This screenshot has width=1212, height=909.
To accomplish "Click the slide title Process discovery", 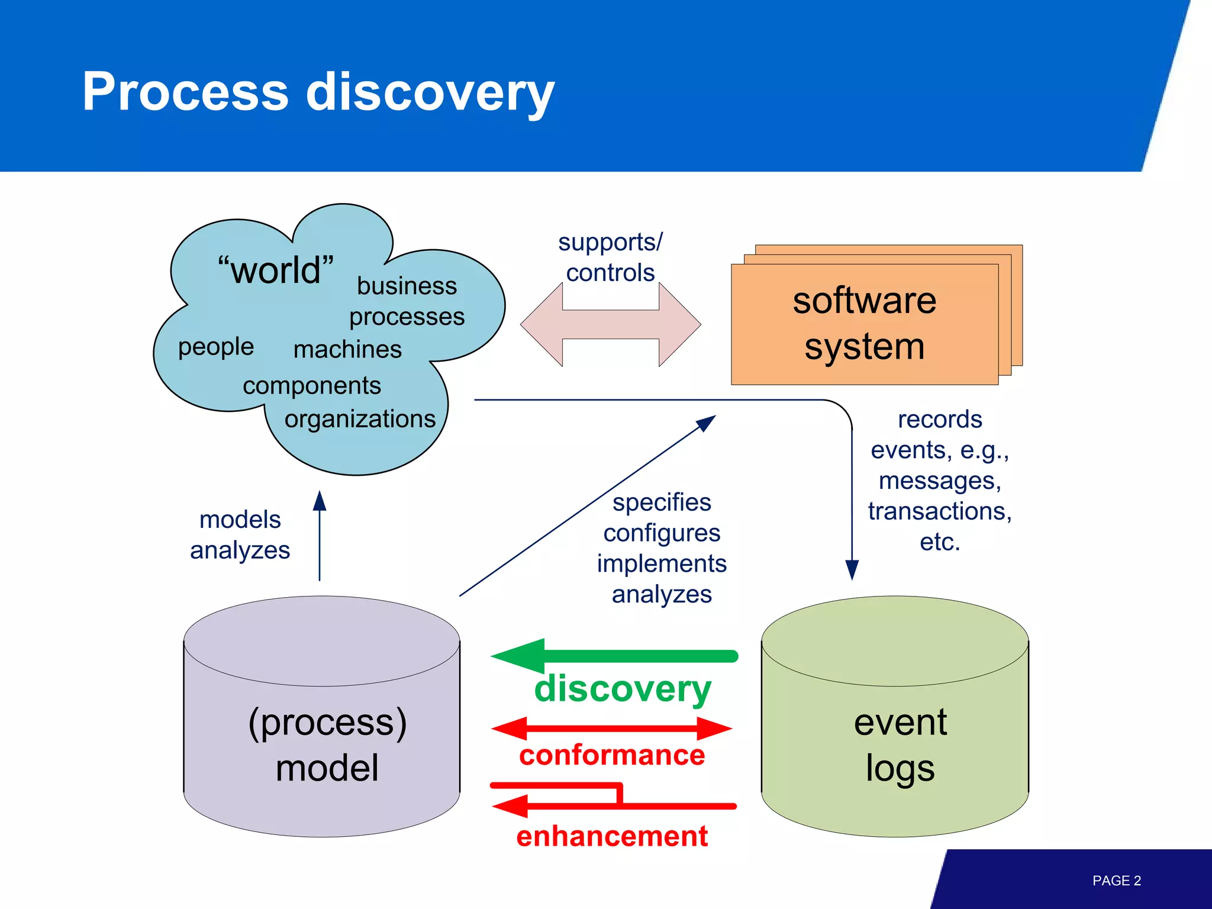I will tap(318, 92).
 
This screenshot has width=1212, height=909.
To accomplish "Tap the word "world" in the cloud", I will tap(276, 270).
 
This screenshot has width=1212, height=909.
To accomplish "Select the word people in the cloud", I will tap(216, 347).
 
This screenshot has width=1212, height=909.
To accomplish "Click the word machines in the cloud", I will tap(347, 349).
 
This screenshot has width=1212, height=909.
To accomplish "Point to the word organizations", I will tap(360, 419).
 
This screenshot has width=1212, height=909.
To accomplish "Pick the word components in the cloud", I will tap(312, 386).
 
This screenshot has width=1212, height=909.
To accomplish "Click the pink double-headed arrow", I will tap(610, 324).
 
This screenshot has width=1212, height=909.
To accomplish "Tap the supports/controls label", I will tap(610, 257).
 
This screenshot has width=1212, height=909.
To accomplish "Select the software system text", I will tap(864, 323).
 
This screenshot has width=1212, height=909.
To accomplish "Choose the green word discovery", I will tap(623, 689).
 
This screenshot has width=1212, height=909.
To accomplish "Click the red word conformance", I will tap(612, 756).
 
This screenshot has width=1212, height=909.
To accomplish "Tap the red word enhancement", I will tap(612, 836).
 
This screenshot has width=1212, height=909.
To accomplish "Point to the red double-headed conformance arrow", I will tap(612, 729).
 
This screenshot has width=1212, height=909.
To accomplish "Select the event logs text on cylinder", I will tap(900, 745).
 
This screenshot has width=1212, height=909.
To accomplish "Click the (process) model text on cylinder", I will tap(327, 745).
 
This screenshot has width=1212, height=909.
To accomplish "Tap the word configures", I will tap(662, 533).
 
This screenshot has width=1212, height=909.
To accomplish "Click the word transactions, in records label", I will tap(939, 511).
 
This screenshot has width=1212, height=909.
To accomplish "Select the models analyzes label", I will tap(240, 535).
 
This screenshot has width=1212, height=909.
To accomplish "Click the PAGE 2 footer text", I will tap(1116, 881).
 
